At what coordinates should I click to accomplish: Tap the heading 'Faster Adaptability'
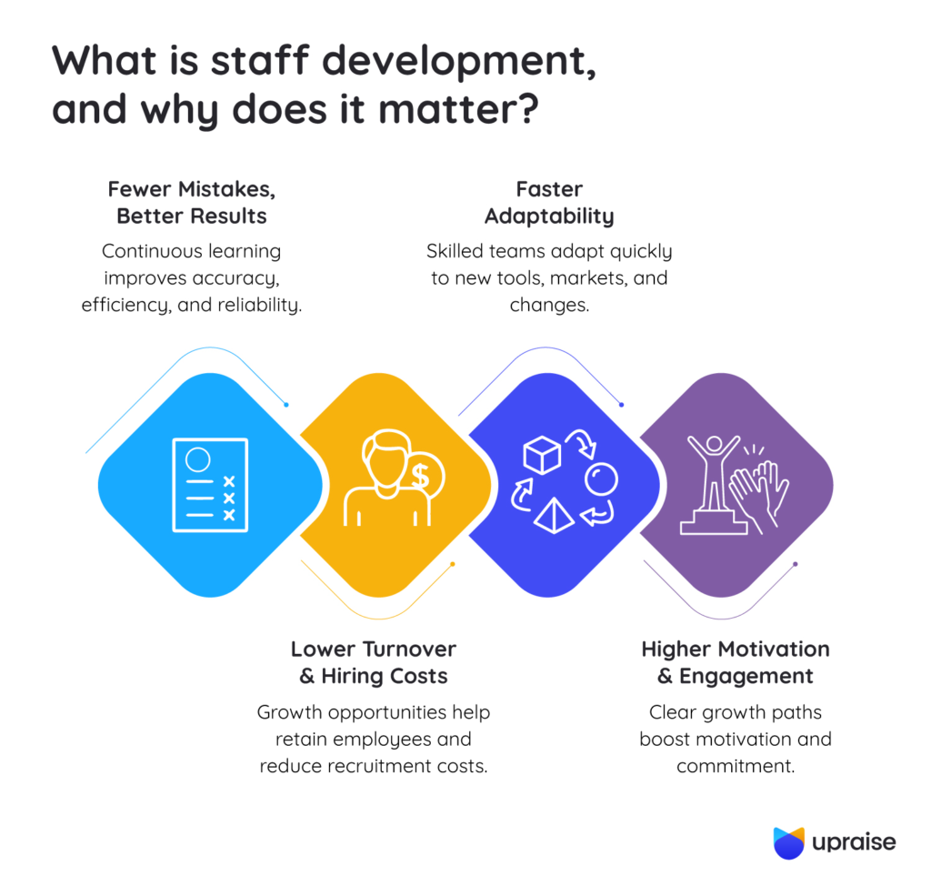(x=548, y=203)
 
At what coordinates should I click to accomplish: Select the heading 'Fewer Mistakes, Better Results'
(x=191, y=203)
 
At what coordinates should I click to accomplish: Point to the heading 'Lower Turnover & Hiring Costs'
(x=373, y=662)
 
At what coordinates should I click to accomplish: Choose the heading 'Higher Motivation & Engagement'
(x=735, y=662)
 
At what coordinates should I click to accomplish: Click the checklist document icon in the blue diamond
(x=210, y=484)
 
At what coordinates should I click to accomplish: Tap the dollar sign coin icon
(x=420, y=475)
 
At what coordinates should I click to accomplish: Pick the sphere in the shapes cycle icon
(x=601, y=478)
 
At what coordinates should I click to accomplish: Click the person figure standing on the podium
(x=712, y=473)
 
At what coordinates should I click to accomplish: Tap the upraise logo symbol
(x=788, y=842)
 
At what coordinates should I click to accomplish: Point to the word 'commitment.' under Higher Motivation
(x=735, y=766)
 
